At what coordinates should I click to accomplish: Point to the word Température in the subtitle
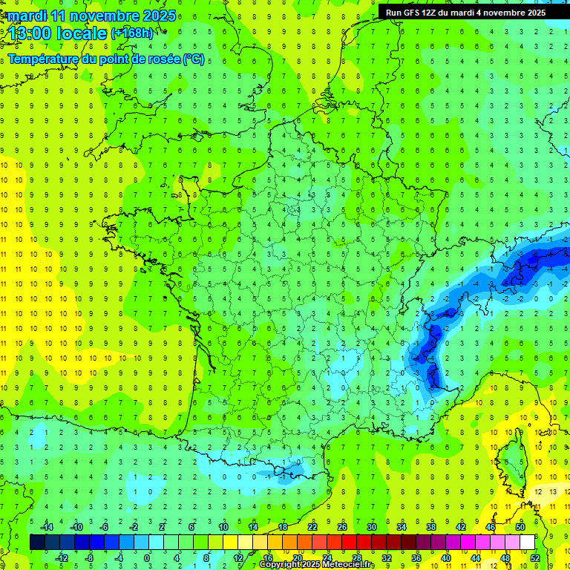44,59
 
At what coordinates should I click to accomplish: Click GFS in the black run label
414,13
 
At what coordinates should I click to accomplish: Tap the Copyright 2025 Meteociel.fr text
317,565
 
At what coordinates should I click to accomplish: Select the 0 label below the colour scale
146,557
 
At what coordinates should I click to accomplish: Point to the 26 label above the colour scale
342,527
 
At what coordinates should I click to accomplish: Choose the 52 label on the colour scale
535,557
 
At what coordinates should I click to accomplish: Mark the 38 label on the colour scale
431,527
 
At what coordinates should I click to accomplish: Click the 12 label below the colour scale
237,557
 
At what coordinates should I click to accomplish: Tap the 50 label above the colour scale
520,527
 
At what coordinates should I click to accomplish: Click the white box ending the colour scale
528,543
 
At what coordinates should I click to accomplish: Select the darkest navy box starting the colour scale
37,543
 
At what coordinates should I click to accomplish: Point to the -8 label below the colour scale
89,557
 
